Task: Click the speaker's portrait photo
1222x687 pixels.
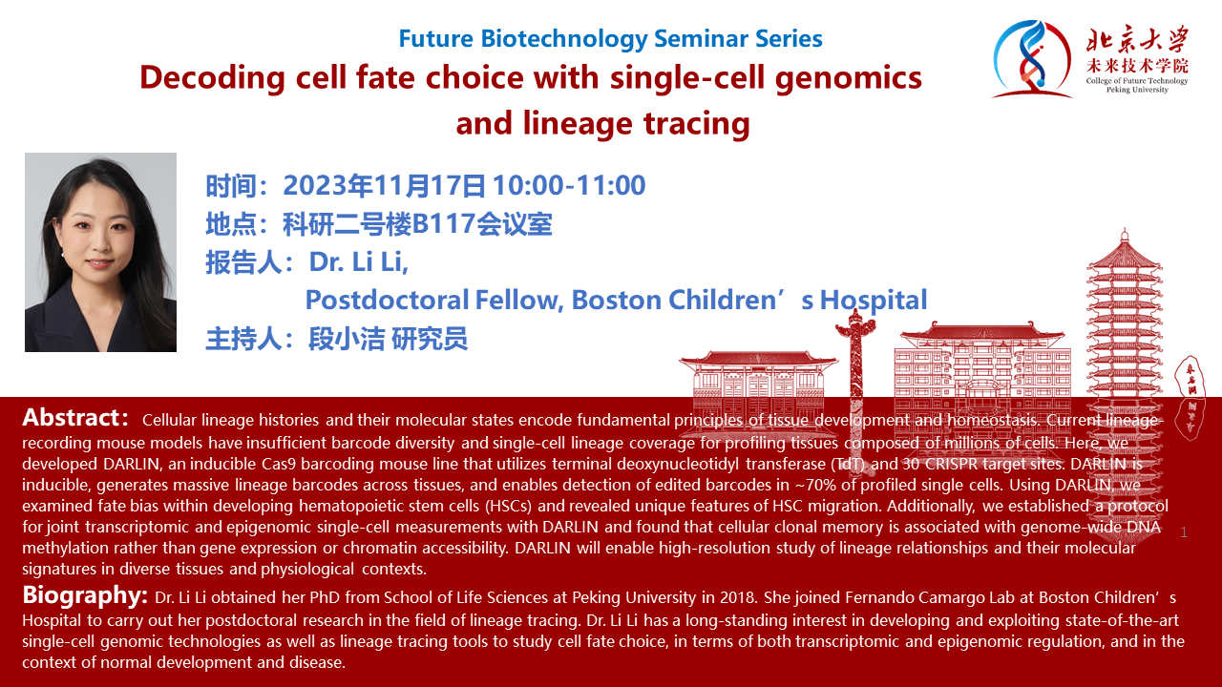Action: point(100,252)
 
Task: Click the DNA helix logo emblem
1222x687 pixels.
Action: point(1032,59)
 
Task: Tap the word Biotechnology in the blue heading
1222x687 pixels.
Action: point(564,39)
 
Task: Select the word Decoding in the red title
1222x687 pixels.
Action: point(213,78)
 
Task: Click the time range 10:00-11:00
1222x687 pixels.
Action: point(570,185)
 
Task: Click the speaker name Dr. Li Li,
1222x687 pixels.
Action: point(358,261)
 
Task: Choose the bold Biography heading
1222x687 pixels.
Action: point(85,595)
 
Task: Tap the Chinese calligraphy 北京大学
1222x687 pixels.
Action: point(1137,39)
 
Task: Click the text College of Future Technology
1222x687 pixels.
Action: point(1137,81)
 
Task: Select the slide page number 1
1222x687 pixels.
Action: point(1184,532)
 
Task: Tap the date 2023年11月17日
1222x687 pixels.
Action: point(384,185)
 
